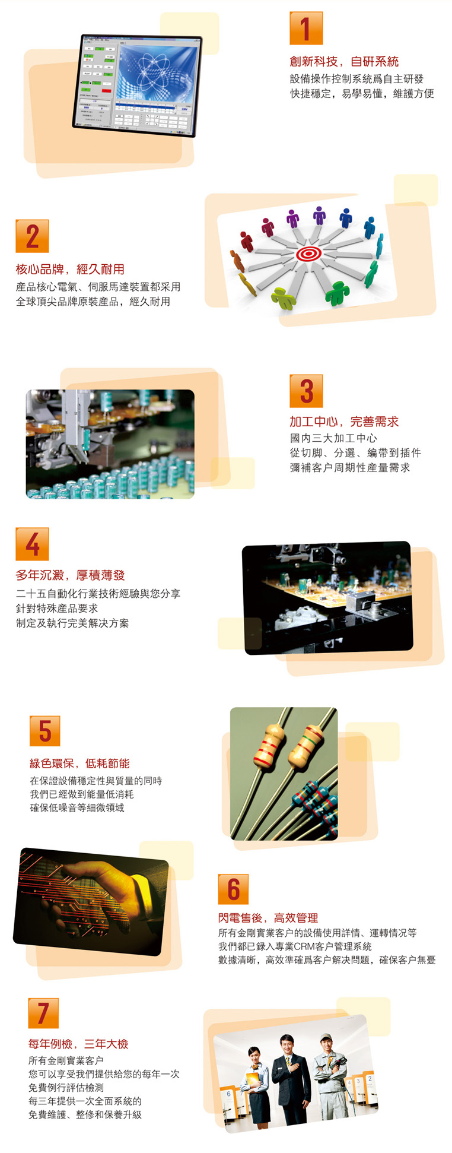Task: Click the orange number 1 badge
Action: point(306,28)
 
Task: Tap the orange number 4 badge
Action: point(32,544)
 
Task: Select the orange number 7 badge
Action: point(43,1013)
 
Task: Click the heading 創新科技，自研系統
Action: point(344,61)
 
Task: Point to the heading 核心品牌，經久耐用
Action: point(70,269)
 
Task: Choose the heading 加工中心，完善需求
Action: point(344,422)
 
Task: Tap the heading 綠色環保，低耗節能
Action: point(79,764)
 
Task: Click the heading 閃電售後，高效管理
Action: point(268,918)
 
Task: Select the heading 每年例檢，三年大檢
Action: point(78,1044)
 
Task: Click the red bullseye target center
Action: point(308,254)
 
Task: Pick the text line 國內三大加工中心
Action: point(333,438)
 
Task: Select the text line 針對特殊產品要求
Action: point(57,608)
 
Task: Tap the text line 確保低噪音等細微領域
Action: point(77,807)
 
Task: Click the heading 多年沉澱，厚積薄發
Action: point(70,575)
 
